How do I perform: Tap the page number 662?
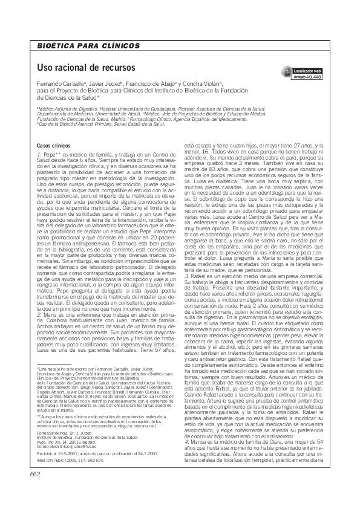click(x=34, y=491)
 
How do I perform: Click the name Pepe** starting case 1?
click(x=52, y=155)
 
